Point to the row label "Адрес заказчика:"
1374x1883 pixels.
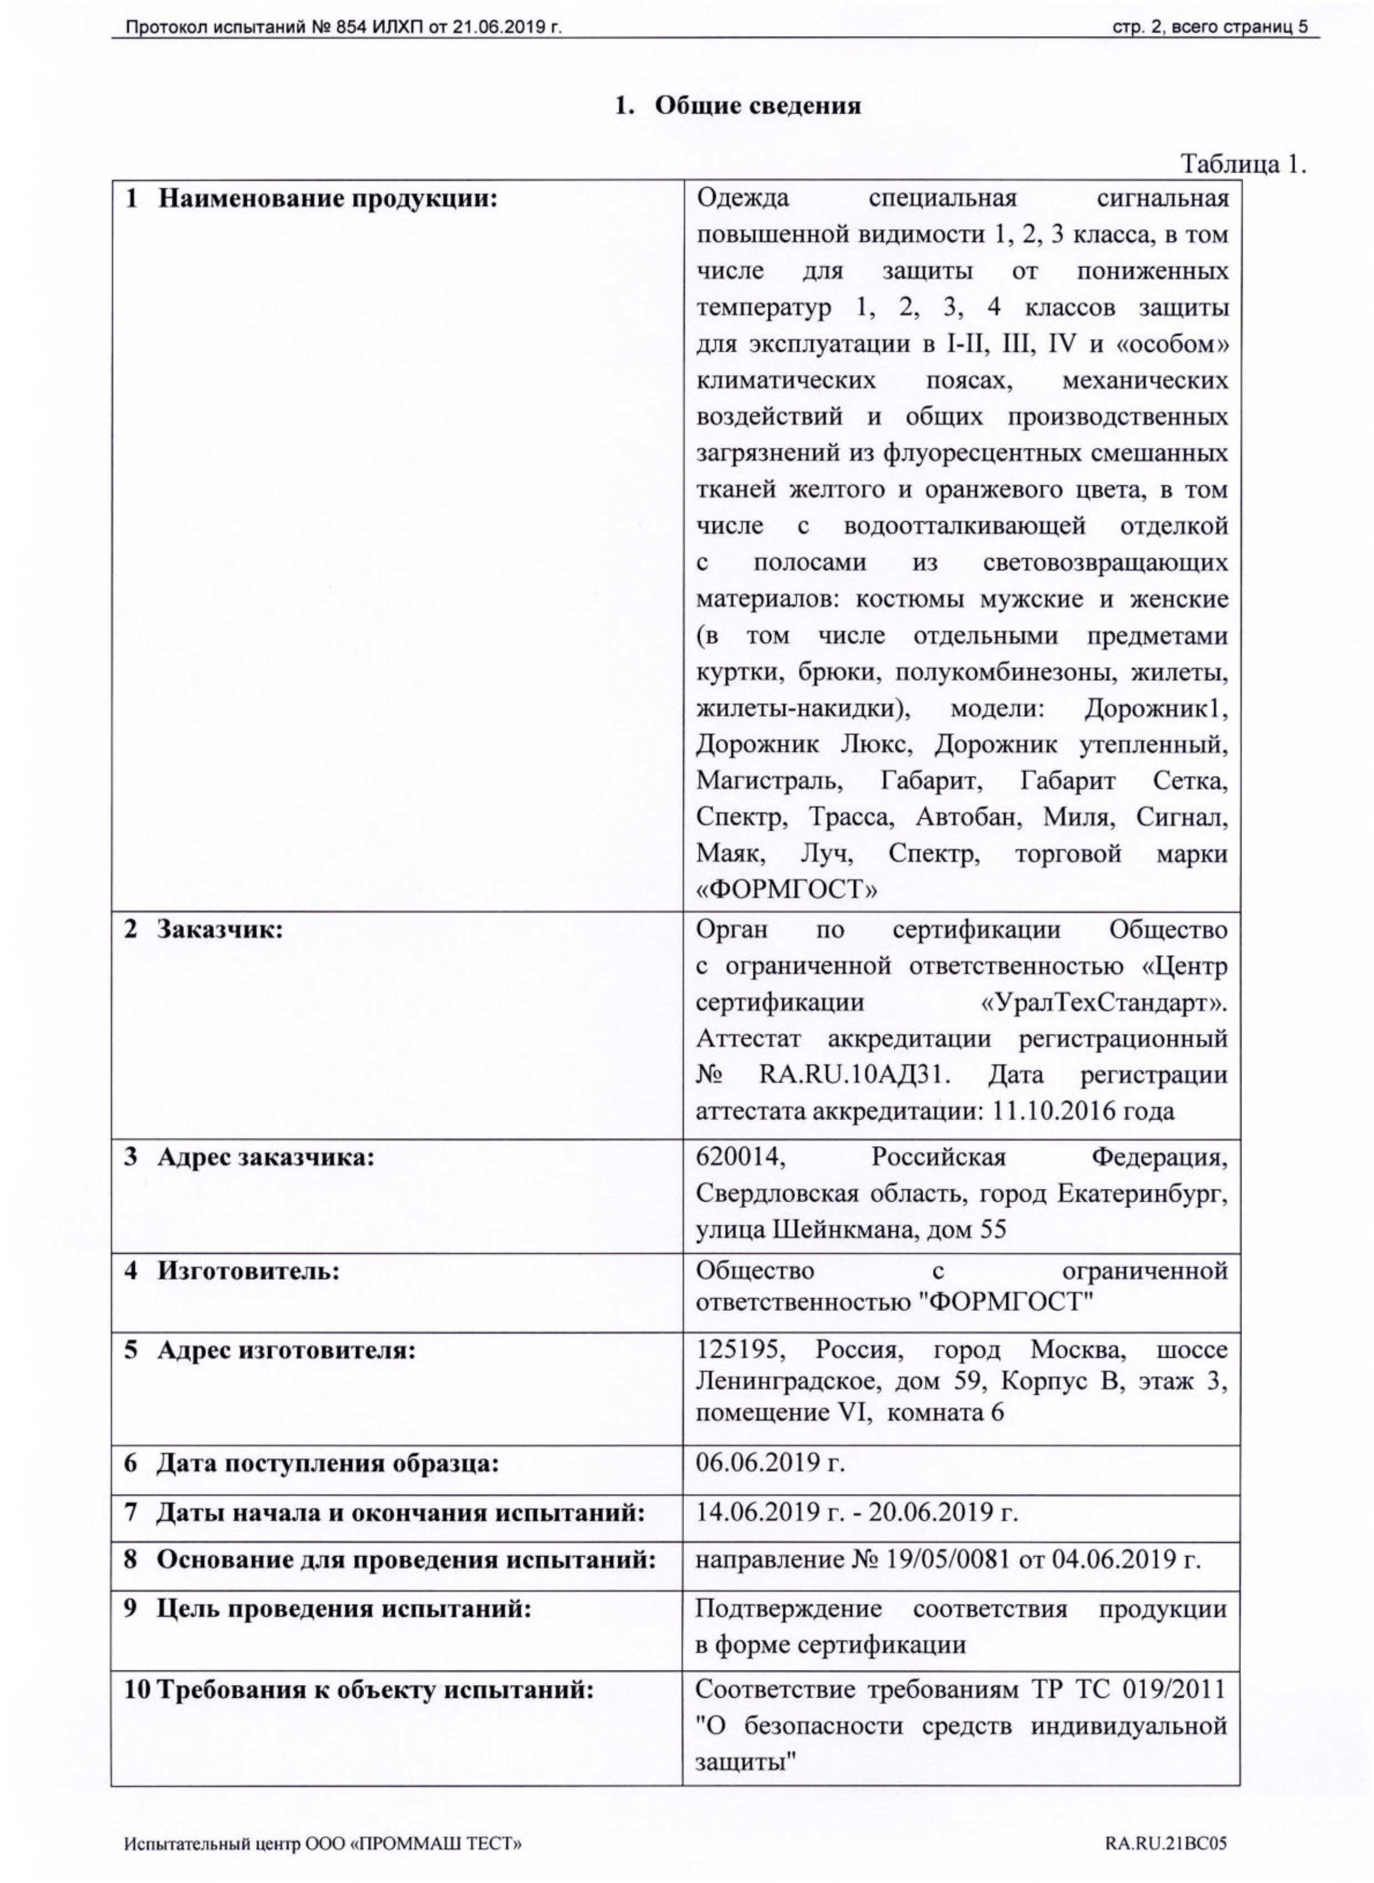point(265,1157)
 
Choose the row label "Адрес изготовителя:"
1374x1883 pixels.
point(285,1350)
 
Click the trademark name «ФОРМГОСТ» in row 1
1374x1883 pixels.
point(787,890)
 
